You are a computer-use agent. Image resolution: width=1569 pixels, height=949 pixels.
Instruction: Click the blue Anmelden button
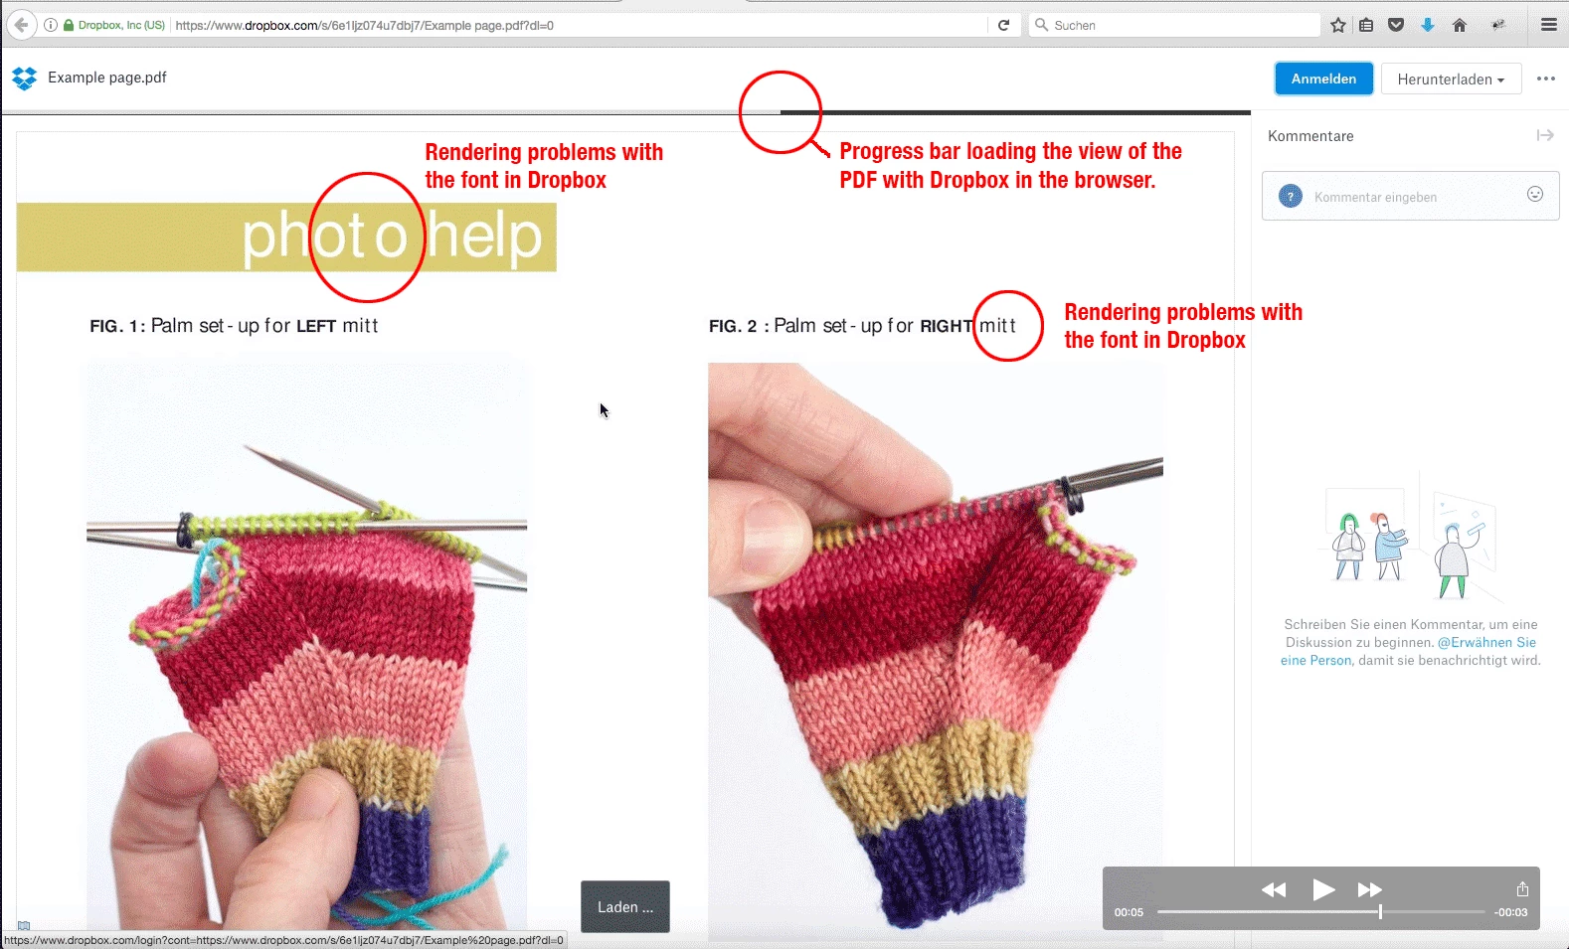(1323, 79)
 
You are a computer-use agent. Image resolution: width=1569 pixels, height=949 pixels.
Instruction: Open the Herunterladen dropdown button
(1451, 79)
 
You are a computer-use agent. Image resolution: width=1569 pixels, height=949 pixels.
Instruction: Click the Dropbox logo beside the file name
(25, 78)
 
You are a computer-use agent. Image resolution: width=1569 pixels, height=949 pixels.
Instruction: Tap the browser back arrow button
(21, 25)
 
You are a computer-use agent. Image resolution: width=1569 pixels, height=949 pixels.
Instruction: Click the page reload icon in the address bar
(1003, 25)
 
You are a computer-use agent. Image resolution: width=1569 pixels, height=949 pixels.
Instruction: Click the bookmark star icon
(1338, 25)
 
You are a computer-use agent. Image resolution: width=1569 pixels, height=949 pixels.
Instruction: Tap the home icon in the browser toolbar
(1459, 25)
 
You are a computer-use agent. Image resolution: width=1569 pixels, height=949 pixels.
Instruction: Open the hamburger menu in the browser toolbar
(1549, 25)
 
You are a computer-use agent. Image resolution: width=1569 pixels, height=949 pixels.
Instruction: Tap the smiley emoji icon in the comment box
(1534, 195)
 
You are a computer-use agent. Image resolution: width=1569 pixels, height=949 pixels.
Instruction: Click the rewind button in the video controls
(1274, 889)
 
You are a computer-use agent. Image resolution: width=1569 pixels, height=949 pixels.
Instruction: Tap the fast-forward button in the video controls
(1369, 889)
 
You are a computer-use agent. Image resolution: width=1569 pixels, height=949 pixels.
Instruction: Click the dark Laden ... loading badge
(624, 906)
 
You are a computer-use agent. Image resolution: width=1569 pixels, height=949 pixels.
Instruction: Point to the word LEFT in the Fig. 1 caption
(316, 326)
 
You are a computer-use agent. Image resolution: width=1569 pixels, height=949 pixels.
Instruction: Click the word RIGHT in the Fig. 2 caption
(947, 326)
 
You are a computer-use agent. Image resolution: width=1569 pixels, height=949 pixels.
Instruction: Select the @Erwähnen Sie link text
(1486, 642)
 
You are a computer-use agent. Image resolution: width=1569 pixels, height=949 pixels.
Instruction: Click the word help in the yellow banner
(484, 236)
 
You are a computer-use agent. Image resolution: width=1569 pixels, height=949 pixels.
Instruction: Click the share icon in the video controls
(1522, 888)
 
